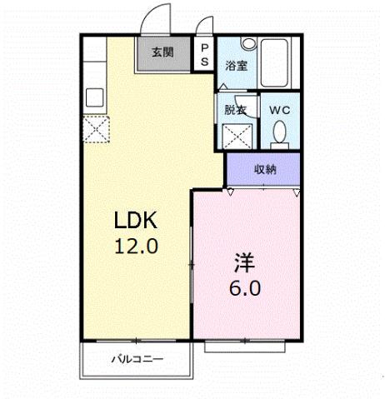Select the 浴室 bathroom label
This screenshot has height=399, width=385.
tap(236, 66)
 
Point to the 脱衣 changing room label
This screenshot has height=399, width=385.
tap(236, 109)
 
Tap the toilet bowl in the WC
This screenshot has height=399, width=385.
tap(279, 132)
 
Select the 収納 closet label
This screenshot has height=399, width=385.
tap(265, 170)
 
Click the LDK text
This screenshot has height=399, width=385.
tap(136, 221)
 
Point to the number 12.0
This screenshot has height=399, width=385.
tap(136, 247)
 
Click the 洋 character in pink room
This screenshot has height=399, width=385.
tap(244, 263)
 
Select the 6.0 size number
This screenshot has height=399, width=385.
tap(244, 289)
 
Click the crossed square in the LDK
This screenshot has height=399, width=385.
tap(95, 129)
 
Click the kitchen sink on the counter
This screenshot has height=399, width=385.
tap(92, 96)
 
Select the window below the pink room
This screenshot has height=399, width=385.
tap(247, 345)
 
